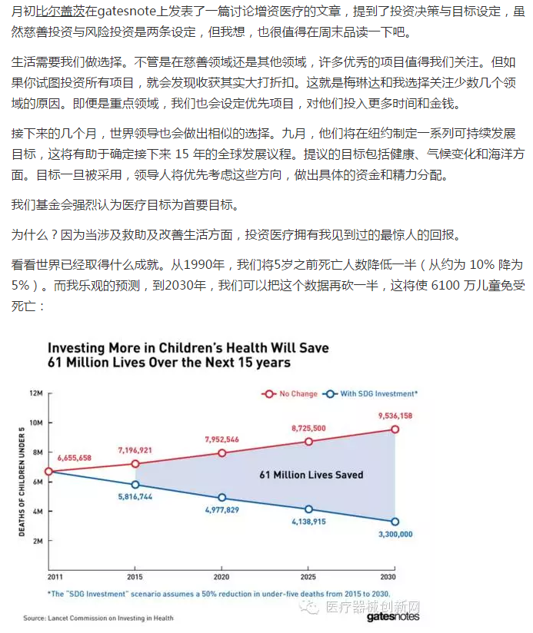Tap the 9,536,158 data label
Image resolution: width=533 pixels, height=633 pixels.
[x=395, y=416]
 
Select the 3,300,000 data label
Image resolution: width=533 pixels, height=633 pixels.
[x=395, y=534]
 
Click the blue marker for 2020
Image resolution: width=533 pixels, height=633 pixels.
[x=222, y=498]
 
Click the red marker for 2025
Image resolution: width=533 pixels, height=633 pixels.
[x=308, y=442]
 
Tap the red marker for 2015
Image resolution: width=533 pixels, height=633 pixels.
[x=135, y=464]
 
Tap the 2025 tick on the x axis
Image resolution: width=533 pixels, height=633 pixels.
[x=308, y=575]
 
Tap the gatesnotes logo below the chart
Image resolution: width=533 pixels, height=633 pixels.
[x=394, y=617]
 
